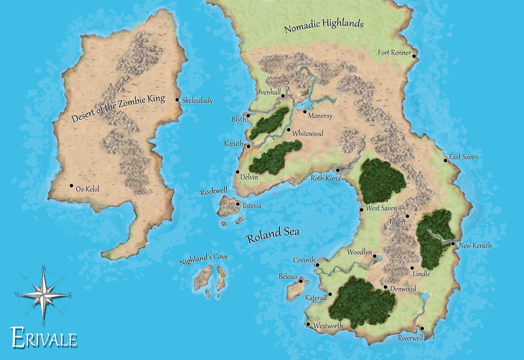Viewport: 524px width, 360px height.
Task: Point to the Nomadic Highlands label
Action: click(324, 26)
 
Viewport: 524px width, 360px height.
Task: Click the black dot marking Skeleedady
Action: click(177, 100)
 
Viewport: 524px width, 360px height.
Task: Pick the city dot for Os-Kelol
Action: click(72, 186)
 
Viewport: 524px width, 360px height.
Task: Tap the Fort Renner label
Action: click(394, 53)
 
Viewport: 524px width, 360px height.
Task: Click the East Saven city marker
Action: click(445, 160)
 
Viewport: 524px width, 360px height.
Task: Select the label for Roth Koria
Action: click(325, 178)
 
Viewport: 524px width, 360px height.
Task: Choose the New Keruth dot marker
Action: click(453, 244)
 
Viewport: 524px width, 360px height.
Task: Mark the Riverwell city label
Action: click(410, 338)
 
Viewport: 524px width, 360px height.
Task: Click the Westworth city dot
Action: click(308, 324)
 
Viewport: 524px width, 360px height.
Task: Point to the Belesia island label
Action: click(288, 277)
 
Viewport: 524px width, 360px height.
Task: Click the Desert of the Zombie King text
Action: click(118, 109)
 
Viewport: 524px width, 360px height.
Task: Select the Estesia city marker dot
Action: click(238, 204)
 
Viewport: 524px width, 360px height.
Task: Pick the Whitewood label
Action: click(308, 133)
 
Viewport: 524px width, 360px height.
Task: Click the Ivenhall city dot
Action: click(283, 96)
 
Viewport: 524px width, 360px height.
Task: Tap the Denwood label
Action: click(403, 289)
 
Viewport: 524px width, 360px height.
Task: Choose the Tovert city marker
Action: click(407, 216)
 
